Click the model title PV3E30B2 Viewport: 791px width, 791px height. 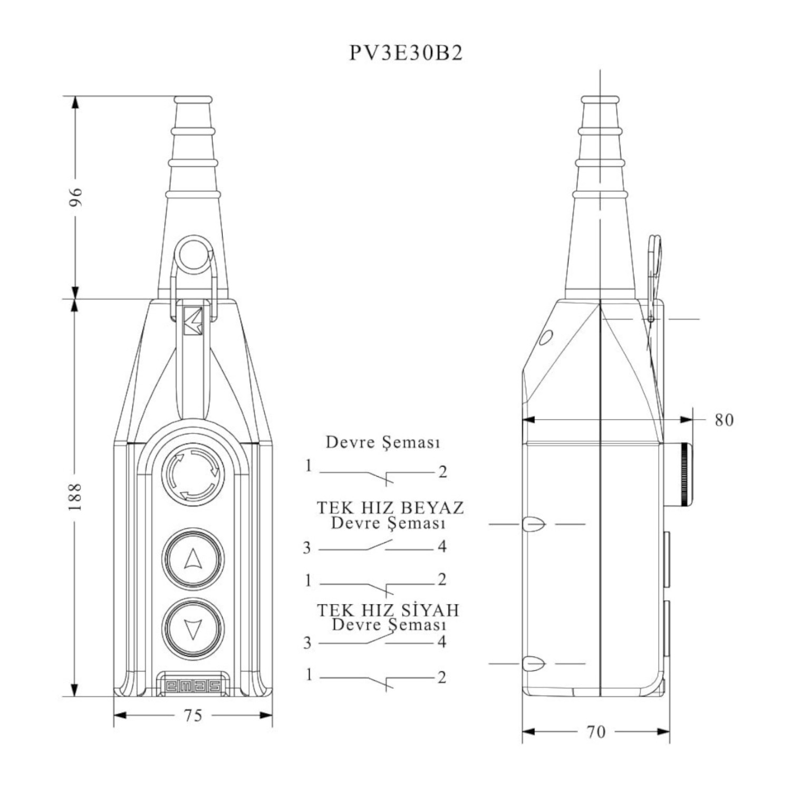click(406, 53)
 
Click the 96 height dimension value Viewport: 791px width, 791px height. click(77, 196)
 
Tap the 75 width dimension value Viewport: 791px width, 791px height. click(193, 715)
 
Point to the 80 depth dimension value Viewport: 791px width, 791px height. click(724, 420)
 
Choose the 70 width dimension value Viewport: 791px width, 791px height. click(596, 731)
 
